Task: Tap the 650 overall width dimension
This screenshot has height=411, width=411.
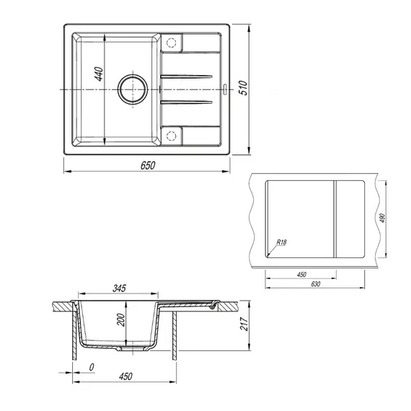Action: pos(146,165)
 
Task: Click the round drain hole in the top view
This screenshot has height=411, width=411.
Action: pos(131,89)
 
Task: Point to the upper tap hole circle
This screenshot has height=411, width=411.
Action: pos(172,42)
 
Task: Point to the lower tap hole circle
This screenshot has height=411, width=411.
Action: pos(172,136)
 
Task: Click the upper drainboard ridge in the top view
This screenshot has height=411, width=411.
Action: pos(186,76)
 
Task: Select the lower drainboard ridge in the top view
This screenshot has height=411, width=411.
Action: pos(186,102)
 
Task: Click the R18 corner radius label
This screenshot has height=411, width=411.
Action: pos(280,243)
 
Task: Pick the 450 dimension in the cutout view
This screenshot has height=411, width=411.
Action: pos(301,274)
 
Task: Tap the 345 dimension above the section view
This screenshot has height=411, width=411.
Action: pos(119,288)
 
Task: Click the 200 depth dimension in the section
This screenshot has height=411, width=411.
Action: pos(122,319)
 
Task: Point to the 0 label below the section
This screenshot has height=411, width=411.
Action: pos(92,367)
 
